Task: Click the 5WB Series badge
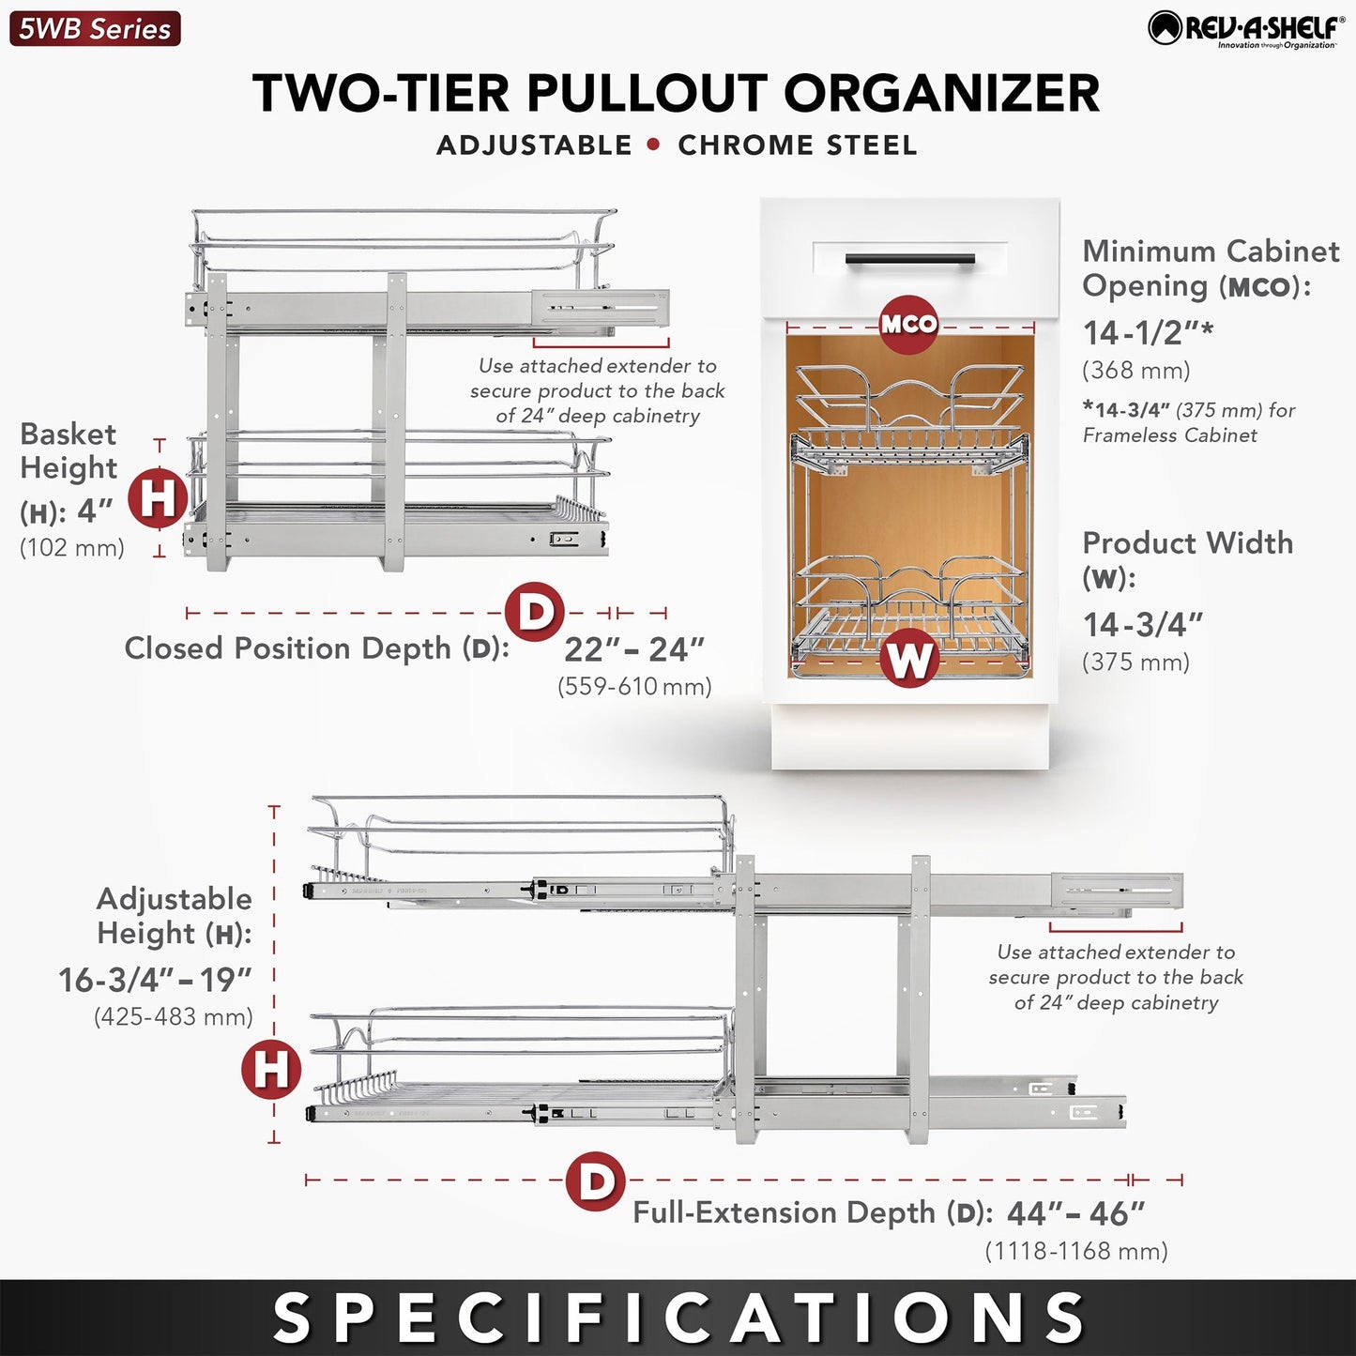coord(95,29)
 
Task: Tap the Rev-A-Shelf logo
coord(1246,29)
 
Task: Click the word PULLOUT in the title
coord(647,94)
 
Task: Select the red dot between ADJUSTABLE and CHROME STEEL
coord(654,145)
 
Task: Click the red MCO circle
coord(908,325)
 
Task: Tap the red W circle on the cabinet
coord(908,659)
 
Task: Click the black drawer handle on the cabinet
coord(909,260)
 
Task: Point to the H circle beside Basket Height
coord(158,497)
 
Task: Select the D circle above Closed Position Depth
coord(534,612)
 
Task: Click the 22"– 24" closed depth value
coord(634,649)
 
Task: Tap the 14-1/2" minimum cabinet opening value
coord(1148,333)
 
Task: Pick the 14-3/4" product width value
coord(1143,625)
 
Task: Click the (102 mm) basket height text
coord(72,548)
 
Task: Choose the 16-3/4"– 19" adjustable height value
coord(155,981)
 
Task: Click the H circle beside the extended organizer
coord(271,1069)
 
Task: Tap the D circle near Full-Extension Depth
coord(596,1181)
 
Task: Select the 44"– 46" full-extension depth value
coord(1075,1214)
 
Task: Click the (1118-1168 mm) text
coord(1075,1252)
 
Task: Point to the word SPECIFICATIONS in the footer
coord(678,1318)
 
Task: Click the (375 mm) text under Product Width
coord(1135,663)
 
